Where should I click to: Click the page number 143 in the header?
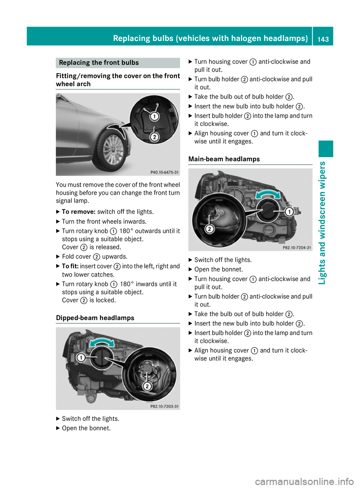[323, 39]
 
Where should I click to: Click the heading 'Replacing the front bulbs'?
[99, 63]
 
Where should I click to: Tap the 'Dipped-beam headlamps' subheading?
[95, 318]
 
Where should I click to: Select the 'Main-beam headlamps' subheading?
[224, 159]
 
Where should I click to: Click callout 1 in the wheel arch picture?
[154, 117]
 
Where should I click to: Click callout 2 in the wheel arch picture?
[154, 137]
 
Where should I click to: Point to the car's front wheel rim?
[112, 149]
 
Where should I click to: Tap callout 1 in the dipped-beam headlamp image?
[81, 358]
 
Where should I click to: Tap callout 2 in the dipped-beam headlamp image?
[147, 386]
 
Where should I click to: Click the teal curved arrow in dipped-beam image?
[102, 342]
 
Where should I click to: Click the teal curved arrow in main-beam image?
[268, 194]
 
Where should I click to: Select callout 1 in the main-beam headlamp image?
[289, 212]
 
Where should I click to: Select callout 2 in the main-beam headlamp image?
[210, 229]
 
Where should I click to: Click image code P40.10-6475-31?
[165, 172]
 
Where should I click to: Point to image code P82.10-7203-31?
[164, 406]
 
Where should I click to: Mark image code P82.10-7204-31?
[297, 248]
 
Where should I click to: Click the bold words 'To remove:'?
[78, 212]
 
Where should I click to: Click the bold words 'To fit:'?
[70, 266]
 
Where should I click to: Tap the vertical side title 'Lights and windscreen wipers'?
[322, 223]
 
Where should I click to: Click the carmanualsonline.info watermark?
[304, 481]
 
